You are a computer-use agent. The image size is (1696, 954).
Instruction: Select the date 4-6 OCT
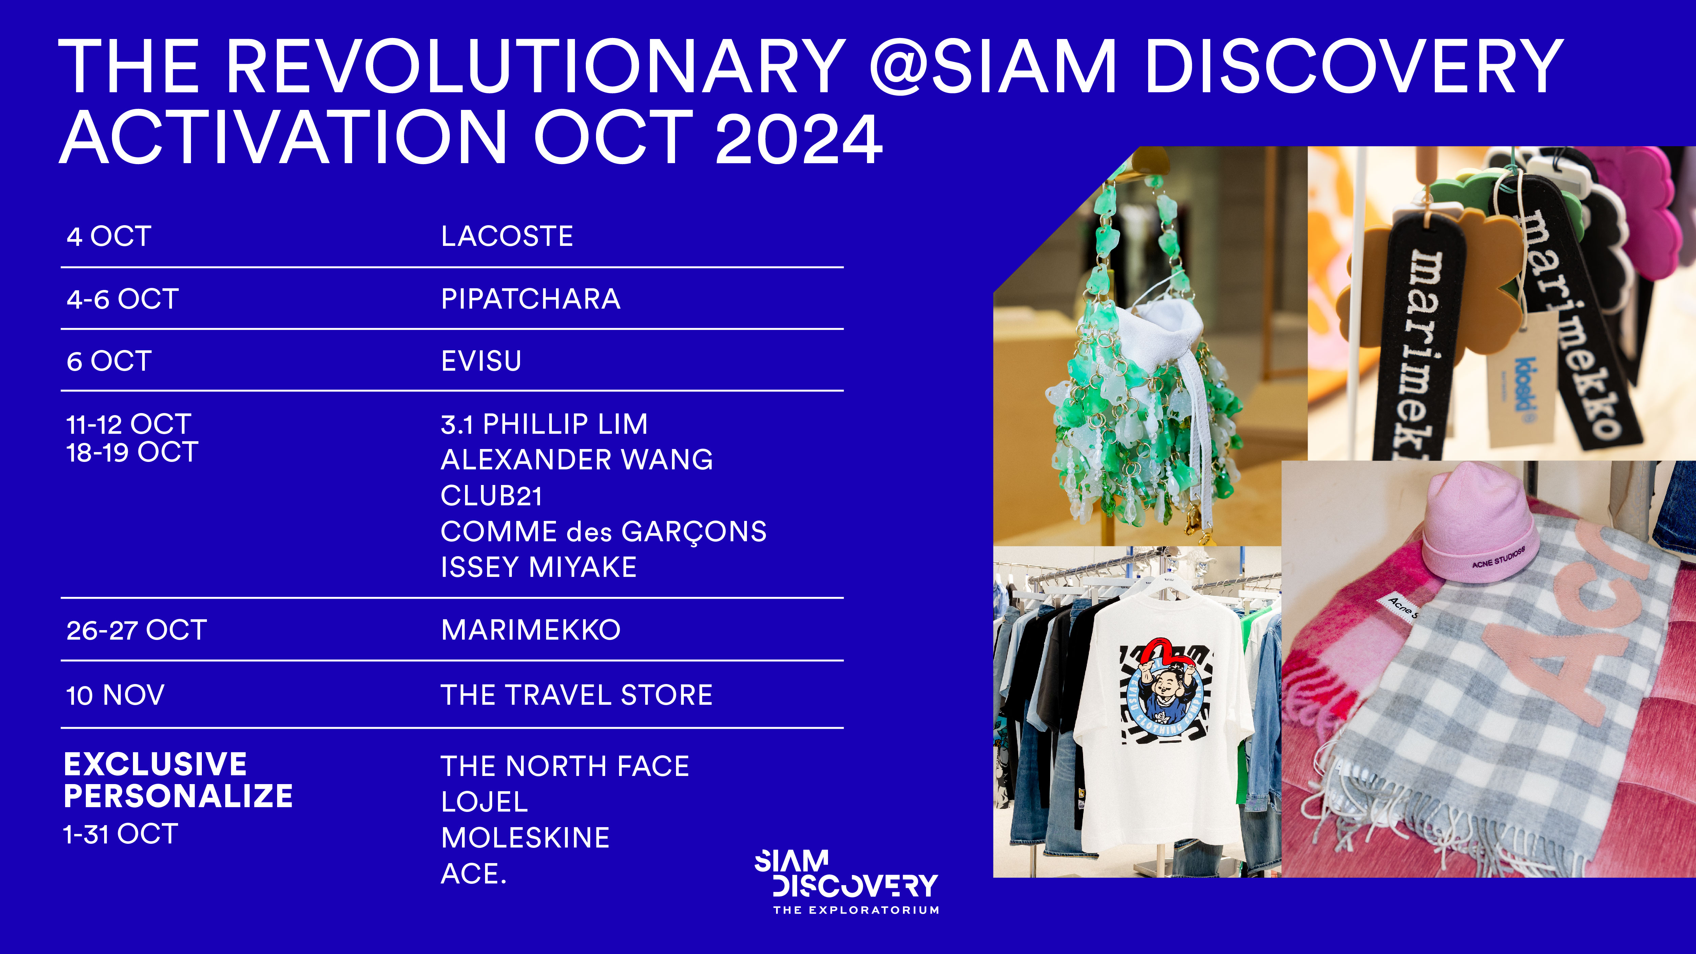[x=122, y=299]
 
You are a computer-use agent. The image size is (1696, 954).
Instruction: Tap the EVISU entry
[x=481, y=361]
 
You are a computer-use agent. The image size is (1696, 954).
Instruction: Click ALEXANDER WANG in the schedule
[x=577, y=460]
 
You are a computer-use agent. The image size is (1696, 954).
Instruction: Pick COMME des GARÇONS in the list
[x=604, y=532]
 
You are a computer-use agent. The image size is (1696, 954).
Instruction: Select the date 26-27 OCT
[x=136, y=630]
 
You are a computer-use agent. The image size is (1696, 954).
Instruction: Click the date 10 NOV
[x=115, y=695]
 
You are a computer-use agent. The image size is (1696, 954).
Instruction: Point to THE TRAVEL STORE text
[x=577, y=695]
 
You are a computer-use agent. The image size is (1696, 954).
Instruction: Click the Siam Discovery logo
[x=847, y=881]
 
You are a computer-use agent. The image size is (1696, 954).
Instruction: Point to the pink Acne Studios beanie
[x=1479, y=523]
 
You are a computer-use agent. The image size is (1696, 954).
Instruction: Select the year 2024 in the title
[x=798, y=138]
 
